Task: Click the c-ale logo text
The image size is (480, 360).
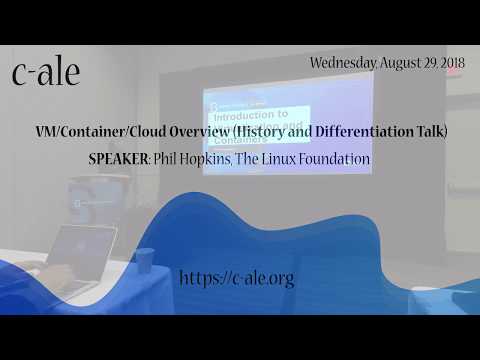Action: [46, 72]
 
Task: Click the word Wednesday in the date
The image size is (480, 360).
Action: [343, 62]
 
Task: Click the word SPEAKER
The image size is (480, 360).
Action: [121, 158]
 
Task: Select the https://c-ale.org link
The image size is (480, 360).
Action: [237, 278]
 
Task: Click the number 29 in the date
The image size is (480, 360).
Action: [431, 62]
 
